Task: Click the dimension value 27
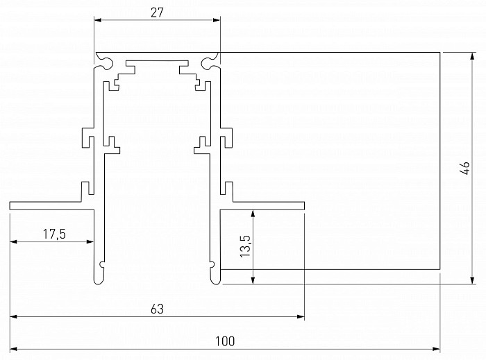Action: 157,12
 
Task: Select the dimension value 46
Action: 466,168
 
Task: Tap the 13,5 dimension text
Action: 245,246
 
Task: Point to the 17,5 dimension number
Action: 54,234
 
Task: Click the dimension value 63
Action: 157,309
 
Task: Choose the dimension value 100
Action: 225,341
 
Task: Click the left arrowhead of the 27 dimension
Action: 98,20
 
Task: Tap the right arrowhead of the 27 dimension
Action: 216,20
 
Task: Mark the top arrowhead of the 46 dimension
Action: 472,57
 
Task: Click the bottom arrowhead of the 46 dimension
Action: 472,280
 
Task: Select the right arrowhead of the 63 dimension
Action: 301,317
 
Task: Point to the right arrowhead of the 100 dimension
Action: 436,349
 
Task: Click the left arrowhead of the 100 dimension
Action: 14,349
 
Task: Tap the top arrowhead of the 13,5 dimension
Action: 253,214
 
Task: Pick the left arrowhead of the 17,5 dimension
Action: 14,241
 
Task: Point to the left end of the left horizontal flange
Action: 10,206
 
